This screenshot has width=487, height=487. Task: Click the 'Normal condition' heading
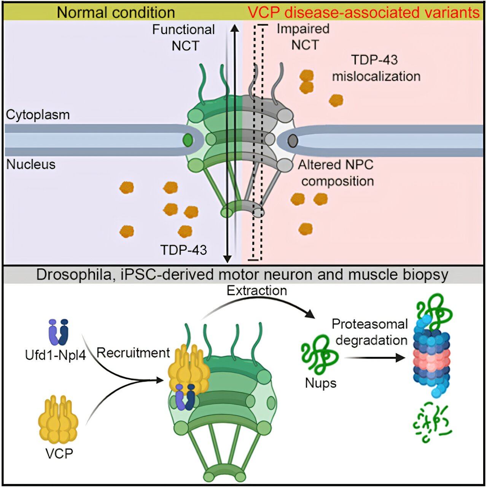pyautogui.click(x=116, y=13)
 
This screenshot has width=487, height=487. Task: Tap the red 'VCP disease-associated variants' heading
pyautogui.click(x=363, y=13)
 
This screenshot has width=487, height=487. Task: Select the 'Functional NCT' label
pyautogui.click(x=184, y=37)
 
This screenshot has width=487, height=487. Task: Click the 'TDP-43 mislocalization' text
pyautogui.click(x=376, y=68)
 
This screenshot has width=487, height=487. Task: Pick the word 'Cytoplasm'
pyautogui.click(x=38, y=115)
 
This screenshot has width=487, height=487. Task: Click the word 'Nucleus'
pyautogui.click(x=31, y=164)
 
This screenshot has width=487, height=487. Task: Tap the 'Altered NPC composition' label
pyautogui.click(x=336, y=173)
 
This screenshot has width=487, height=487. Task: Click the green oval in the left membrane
pyautogui.click(x=188, y=140)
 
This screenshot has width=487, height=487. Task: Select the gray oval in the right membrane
pyautogui.click(x=292, y=141)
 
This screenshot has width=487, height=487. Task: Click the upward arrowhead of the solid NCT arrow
pyautogui.click(x=235, y=28)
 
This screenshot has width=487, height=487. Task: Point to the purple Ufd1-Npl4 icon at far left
pyautogui.click(x=58, y=332)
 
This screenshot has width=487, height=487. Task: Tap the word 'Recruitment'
pyautogui.click(x=133, y=353)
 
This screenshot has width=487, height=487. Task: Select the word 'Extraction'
pyautogui.click(x=257, y=291)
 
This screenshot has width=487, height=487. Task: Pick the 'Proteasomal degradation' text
pyautogui.click(x=370, y=332)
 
